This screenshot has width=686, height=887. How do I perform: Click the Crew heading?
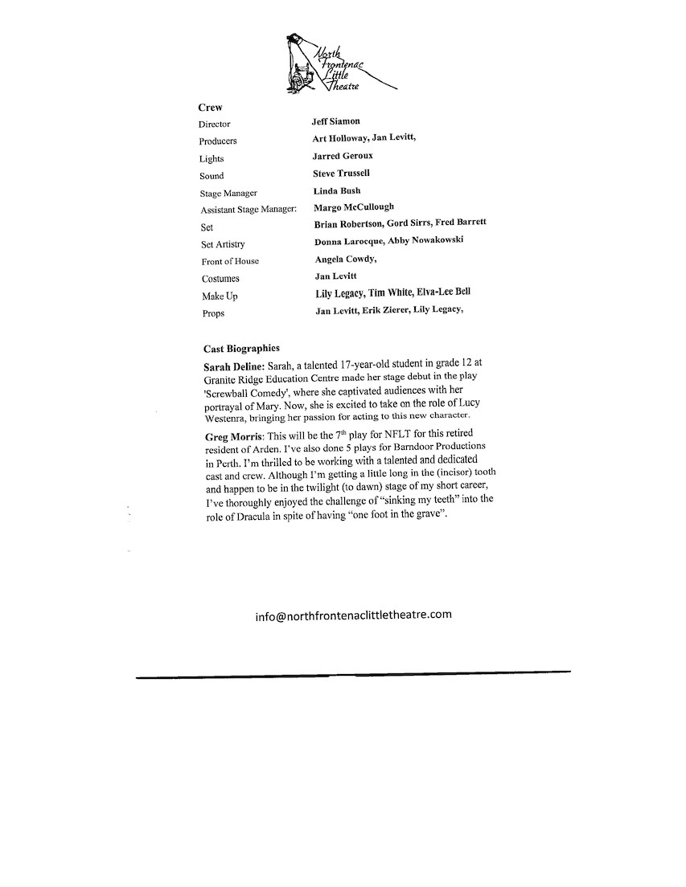click(x=210, y=107)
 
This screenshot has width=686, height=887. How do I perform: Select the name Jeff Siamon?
click(x=336, y=121)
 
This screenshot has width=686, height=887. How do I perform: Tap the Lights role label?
click(x=212, y=159)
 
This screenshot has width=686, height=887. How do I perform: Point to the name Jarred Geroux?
click(x=343, y=156)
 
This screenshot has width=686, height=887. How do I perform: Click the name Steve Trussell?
click(x=342, y=174)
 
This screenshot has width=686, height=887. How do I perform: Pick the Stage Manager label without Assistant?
click(x=228, y=194)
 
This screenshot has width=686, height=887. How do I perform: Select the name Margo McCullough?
click(x=353, y=207)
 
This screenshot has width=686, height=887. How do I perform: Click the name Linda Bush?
click(x=337, y=190)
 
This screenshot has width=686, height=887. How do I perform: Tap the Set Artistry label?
click(x=223, y=244)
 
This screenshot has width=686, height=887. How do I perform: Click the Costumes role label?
click(x=220, y=279)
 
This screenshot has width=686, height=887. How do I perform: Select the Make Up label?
click(x=219, y=296)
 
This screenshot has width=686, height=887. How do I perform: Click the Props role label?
click(x=213, y=313)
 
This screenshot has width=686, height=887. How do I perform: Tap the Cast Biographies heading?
click(x=242, y=349)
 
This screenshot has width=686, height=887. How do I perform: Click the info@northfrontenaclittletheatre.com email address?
click(x=353, y=615)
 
